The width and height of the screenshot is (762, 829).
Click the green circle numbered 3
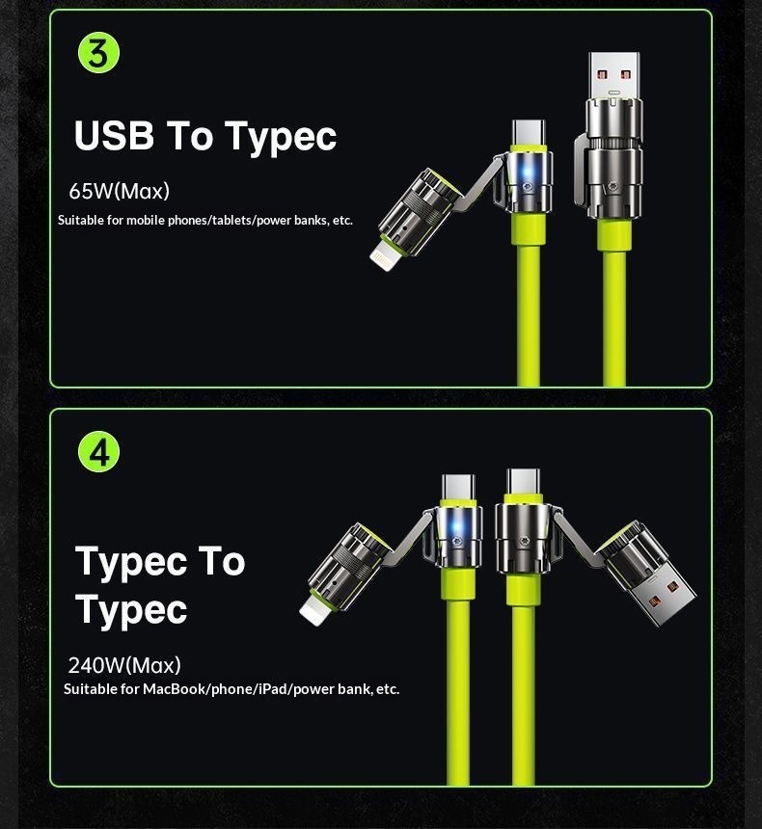(x=98, y=52)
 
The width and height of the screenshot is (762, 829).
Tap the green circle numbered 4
(x=98, y=452)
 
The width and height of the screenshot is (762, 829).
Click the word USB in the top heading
(x=114, y=135)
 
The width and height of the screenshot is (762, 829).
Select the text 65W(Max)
(x=119, y=191)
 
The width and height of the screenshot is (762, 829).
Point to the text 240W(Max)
(x=124, y=665)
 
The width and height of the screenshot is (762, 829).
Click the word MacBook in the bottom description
(x=176, y=689)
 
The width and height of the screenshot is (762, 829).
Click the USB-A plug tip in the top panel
(x=613, y=75)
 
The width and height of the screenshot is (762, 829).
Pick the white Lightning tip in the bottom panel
(x=315, y=610)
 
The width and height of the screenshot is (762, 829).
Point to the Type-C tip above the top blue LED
(x=528, y=132)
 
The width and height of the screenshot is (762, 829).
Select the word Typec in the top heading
(x=281, y=137)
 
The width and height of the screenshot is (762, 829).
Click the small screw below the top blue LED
(x=527, y=187)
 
